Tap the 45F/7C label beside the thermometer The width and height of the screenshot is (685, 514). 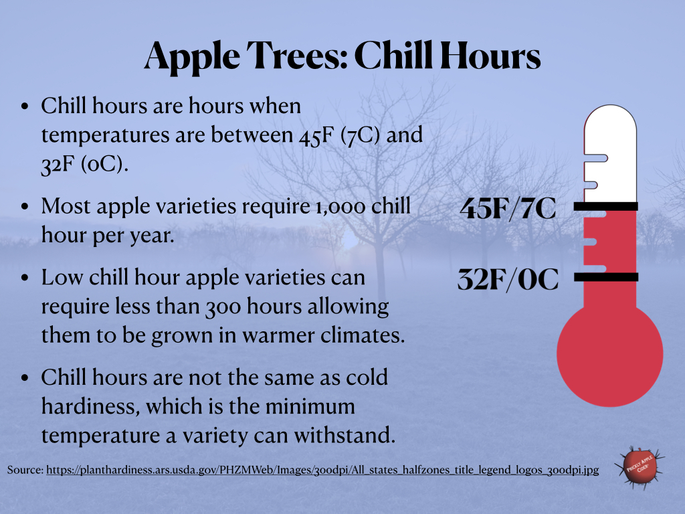pyautogui.click(x=508, y=209)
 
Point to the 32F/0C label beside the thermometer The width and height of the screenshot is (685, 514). pyautogui.click(x=508, y=279)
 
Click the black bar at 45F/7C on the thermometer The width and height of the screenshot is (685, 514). pyautogui.click(x=606, y=207)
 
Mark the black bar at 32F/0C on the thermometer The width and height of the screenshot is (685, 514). pyautogui.click(x=606, y=276)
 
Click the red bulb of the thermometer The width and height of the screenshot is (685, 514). pyautogui.click(x=609, y=355)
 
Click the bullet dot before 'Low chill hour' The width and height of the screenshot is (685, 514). pyautogui.click(x=25, y=279)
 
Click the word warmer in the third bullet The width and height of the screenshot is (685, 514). pyautogui.click(x=276, y=335)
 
